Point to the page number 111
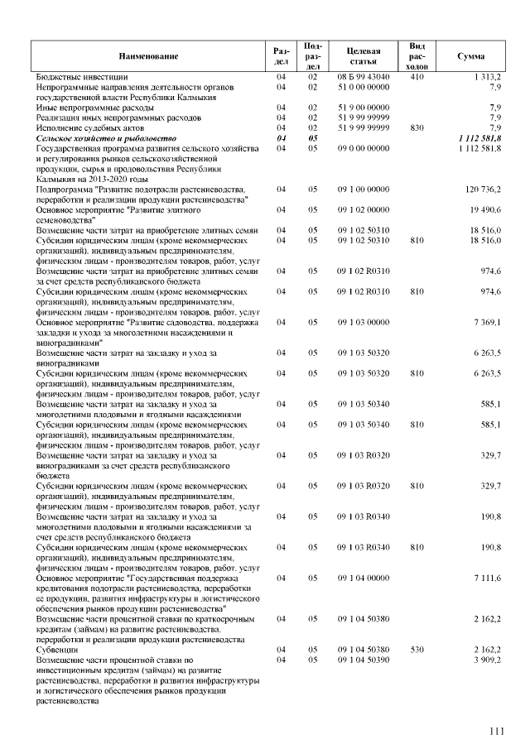[496, 730]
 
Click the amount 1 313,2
[488, 76]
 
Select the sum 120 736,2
[484, 190]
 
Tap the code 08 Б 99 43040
[363, 76]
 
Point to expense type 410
[417, 76]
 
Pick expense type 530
[417, 650]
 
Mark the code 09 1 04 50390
[363, 660]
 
